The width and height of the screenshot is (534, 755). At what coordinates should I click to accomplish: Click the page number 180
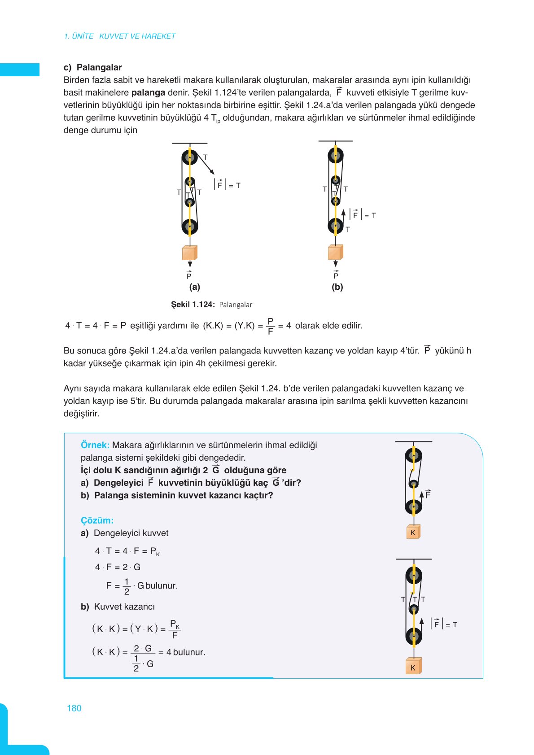pos(74,708)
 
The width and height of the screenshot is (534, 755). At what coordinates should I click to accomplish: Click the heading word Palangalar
pos(99,67)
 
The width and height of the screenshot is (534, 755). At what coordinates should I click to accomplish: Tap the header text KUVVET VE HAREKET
pos(137,36)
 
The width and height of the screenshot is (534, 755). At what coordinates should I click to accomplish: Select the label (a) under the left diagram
pos(194,287)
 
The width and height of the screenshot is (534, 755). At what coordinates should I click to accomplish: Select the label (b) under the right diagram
pos(337,287)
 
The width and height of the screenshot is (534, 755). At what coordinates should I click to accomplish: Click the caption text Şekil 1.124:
pos(193,305)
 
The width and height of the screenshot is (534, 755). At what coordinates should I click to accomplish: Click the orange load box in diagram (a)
pos(189,253)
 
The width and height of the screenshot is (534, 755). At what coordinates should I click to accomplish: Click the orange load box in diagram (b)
pos(335,252)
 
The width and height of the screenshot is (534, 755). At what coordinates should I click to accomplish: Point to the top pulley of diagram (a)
pos(189,157)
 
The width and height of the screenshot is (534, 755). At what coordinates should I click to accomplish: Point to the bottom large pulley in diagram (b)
pos(335,226)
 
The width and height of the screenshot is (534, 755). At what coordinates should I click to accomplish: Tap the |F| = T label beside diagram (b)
pos(363,215)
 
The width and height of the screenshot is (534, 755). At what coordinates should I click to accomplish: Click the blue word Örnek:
pos(95,445)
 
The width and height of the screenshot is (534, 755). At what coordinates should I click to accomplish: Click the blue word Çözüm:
pos(97,520)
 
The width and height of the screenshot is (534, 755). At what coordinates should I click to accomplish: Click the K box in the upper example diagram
pos(413,532)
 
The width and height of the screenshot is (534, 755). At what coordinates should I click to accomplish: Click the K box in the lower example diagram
pos(413,667)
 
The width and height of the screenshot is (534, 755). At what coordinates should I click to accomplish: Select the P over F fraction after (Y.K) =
pos(270,326)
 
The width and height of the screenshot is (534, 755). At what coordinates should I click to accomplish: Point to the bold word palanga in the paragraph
pos(148,93)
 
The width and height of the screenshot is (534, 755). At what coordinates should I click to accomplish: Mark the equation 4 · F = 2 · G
pos(118,567)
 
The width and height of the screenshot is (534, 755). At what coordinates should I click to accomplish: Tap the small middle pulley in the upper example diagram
pos(413,484)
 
